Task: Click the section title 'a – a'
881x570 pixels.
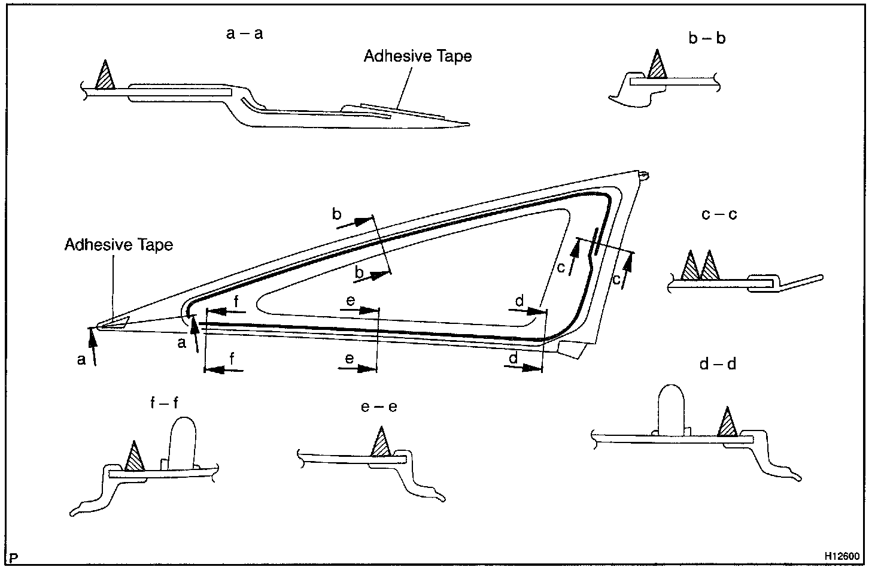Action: [x=244, y=34]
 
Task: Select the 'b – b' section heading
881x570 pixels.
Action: [x=707, y=39]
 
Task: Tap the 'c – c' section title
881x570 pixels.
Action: [x=719, y=214]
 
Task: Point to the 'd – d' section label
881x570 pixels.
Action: [x=717, y=363]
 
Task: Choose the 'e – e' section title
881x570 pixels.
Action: [x=379, y=407]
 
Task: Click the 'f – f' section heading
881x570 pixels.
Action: [x=164, y=403]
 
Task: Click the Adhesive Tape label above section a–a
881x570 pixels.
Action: [x=418, y=56]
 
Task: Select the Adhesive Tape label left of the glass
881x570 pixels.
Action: [x=119, y=245]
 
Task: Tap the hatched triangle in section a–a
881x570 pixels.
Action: [x=105, y=76]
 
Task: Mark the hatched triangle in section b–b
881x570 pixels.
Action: [x=658, y=65]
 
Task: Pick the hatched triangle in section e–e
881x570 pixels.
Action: [x=381, y=443]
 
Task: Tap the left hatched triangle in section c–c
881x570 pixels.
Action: [x=690, y=266]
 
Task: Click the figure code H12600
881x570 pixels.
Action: [x=846, y=556]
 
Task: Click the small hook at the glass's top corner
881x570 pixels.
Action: [x=643, y=175]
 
